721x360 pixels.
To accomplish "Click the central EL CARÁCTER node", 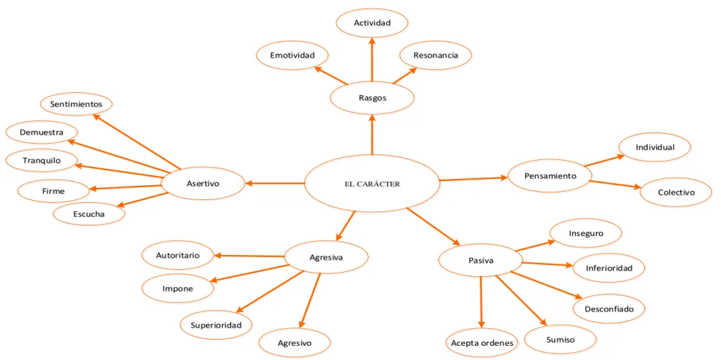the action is coord(372,184).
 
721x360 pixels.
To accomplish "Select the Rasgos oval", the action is coord(372,97).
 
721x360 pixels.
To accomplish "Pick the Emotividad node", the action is coord(292,55).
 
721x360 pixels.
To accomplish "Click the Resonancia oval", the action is coord(436,55).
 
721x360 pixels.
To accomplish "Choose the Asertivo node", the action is coord(203,184).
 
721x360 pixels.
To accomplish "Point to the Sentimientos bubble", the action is coord(76,104).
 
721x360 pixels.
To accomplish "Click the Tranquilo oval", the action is coord(42,161).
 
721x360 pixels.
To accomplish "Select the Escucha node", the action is coord(89,213).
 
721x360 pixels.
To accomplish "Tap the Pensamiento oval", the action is coord(550,175).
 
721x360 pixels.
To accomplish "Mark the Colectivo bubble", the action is coord(676,192).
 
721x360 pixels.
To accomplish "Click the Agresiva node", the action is coord(326,257).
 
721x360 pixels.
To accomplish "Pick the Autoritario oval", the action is coord(178,255).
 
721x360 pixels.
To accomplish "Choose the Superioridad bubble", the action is coord(216,325).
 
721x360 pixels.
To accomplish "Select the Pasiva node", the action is coord(481,261).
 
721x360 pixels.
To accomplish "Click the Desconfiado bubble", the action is coord(609,309).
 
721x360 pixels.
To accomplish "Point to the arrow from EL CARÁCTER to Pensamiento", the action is coord(474,178).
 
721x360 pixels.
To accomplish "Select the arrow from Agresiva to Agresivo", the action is coord(309,301).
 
